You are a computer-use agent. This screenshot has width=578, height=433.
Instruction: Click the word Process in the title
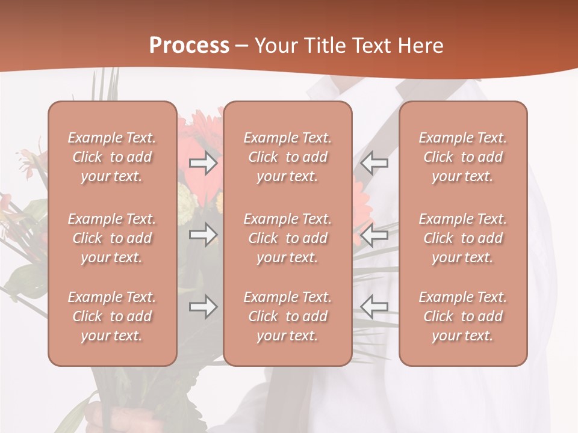[x=189, y=46]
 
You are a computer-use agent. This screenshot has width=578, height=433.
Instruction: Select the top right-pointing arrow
[x=203, y=163]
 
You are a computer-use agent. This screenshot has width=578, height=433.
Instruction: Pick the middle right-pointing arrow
[x=203, y=235]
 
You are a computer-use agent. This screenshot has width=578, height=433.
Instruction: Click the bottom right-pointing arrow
[x=203, y=307]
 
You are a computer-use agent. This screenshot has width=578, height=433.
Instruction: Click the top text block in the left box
[x=112, y=157]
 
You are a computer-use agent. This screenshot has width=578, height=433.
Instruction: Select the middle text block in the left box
[x=112, y=238]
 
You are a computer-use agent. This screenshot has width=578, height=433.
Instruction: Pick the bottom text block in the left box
[x=112, y=316]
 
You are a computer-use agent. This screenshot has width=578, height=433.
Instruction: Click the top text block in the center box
[x=287, y=157]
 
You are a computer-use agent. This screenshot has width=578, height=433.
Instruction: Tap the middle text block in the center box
[x=287, y=238]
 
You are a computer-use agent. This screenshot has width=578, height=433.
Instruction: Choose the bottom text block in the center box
[x=287, y=316]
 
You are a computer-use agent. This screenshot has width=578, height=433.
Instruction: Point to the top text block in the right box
[x=462, y=157]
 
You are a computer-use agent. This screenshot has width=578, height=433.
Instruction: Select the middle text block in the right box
[x=462, y=238]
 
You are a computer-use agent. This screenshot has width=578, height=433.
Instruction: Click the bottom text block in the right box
[x=462, y=316]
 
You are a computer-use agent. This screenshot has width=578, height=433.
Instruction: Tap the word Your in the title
[x=274, y=46]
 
